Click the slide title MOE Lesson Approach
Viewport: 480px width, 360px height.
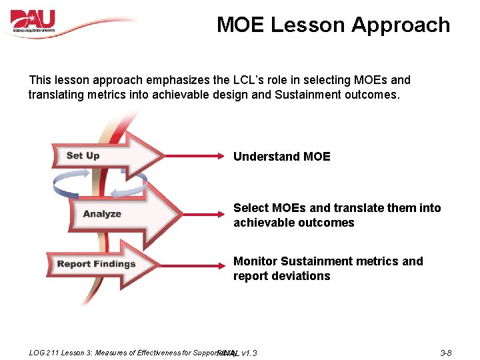click(333, 25)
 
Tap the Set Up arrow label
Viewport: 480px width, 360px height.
click(83, 156)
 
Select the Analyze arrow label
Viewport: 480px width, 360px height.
click(102, 214)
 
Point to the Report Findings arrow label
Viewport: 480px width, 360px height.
click(96, 264)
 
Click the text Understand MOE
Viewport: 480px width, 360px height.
click(281, 157)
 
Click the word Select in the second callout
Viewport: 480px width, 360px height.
click(251, 208)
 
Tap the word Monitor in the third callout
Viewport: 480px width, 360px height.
click(255, 261)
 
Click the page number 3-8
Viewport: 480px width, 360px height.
click(446, 352)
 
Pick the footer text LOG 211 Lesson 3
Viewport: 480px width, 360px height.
click(60, 352)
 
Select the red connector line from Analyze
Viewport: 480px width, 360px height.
click(203, 214)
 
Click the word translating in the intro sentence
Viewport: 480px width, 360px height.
click(57, 95)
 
